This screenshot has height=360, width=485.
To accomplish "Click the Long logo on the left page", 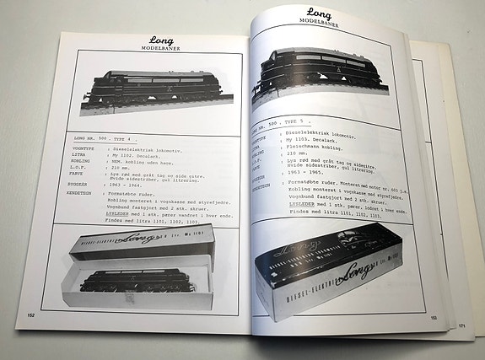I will [161, 40].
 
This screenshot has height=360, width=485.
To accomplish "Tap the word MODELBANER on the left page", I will [161, 48].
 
